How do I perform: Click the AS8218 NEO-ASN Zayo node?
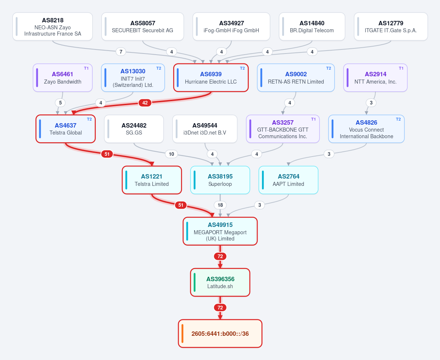[x=52, y=26]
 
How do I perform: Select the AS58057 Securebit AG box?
[x=142, y=26]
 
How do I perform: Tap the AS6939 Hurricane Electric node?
[x=211, y=78]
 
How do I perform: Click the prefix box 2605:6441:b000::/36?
[x=220, y=334]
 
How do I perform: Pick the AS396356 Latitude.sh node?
[x=220, y=282]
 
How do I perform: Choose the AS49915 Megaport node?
[x=220, y=231]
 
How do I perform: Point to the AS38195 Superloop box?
[x=220, y=180]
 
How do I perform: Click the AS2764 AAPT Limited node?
[x=288, y=180]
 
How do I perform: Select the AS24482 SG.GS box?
[x=134, y=129]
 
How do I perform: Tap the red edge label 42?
[x=145, y=103]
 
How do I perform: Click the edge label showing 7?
[x=121, y=52]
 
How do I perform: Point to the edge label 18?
[x=220, y=205]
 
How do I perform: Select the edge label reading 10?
[x=171, y=154]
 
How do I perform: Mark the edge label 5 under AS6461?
[x=60, y=103]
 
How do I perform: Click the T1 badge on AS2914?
[x=401, y=69]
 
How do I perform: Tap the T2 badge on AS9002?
[x=328, y=69]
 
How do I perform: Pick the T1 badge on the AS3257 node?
[x=313, y=120]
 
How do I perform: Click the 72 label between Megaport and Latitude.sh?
[x=220, y=256]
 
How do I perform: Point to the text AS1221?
[x=152, y=176]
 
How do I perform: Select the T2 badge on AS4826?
[x=398, y=120]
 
